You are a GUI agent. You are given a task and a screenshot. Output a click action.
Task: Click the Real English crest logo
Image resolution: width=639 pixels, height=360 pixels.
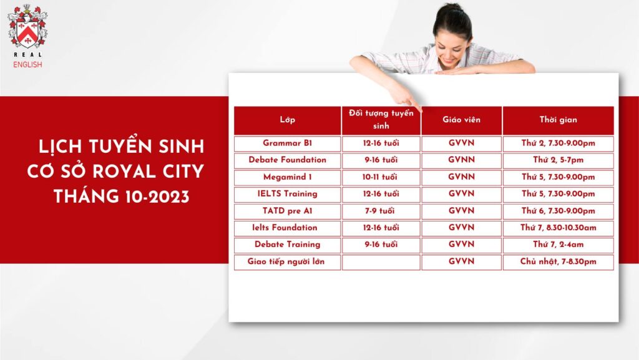[x=27, y=26]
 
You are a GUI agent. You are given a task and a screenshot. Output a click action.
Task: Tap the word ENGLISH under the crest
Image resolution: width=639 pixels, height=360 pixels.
[x=27, y=65]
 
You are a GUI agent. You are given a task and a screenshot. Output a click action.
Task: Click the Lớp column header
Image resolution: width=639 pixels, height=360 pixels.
[x=287, y=120]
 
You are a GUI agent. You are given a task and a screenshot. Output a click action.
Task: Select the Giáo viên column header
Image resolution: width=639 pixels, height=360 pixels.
[x=461, y=120]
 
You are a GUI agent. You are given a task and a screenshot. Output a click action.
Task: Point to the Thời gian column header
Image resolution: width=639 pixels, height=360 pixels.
[x=559, y=120]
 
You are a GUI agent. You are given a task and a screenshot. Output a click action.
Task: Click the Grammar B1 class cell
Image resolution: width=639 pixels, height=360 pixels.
[x=287, y=144]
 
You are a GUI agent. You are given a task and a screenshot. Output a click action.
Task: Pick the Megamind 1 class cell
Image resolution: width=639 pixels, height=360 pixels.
[x=287, y=178]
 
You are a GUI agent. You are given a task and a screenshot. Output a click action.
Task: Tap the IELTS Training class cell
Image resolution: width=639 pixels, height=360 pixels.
[x=287, y=195]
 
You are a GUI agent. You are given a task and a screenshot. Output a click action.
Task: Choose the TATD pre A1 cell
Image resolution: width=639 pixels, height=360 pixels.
[x=287, y=212]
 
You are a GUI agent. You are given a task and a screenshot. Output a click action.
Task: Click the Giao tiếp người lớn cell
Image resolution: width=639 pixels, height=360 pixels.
[x=287, y=262]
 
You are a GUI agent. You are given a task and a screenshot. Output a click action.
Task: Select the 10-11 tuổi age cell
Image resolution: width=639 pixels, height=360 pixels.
[x=381, y=178]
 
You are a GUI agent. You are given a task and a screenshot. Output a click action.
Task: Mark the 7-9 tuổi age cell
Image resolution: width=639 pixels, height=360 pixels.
[x=381, y=212]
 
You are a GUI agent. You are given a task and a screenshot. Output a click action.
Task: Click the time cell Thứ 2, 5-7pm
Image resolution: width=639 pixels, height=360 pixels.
[x=559, y=160]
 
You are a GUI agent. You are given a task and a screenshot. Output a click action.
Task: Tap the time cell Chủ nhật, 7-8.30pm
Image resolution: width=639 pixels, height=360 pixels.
[x=559, y=262]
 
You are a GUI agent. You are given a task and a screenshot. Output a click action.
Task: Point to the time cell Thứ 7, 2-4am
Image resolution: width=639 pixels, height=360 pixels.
[x=559, y=245]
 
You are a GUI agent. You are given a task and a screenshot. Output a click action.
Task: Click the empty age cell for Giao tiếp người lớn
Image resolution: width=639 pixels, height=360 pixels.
[x=381, y=262]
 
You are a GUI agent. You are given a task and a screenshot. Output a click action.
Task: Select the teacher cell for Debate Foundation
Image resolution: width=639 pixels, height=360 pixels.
[x=461, y=160]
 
